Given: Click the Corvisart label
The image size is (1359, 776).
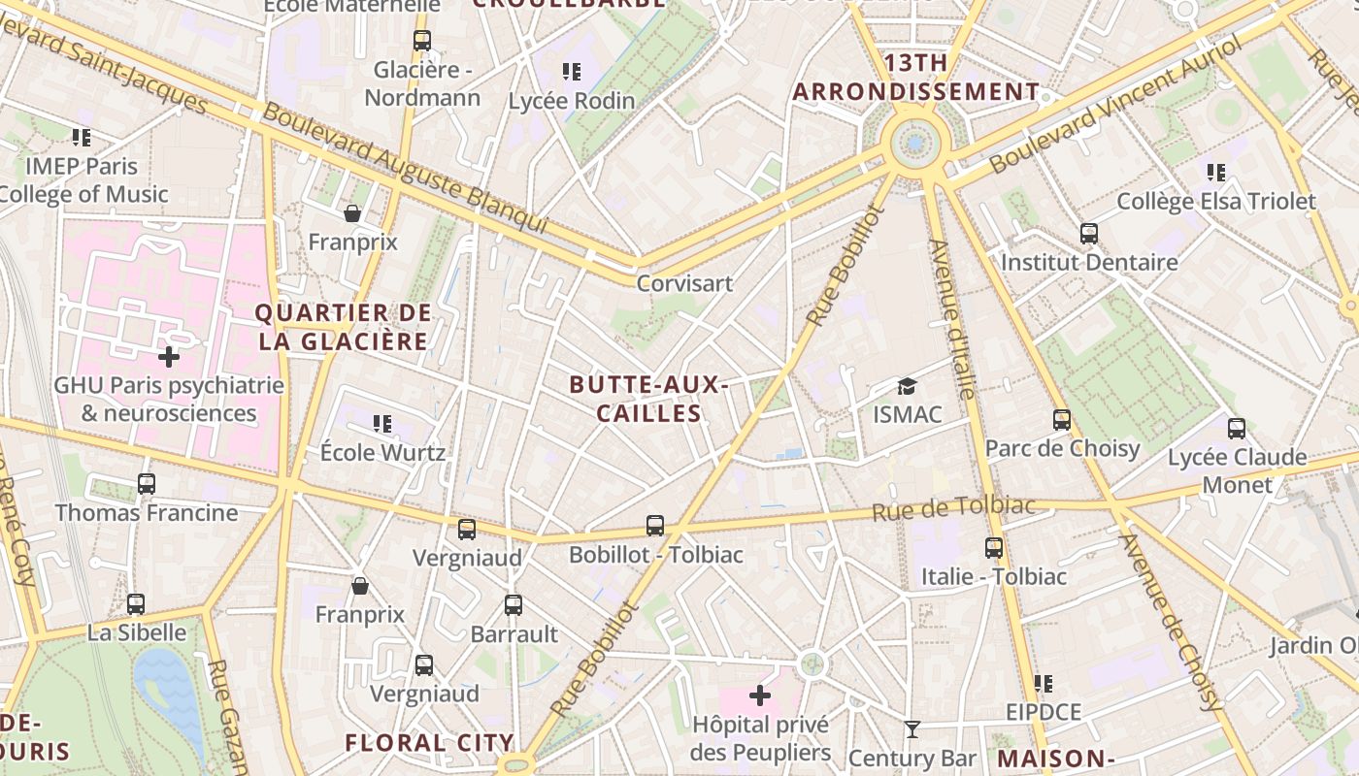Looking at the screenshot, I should click(684, 283).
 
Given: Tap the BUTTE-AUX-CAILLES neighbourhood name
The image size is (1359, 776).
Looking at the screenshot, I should click(648, 399).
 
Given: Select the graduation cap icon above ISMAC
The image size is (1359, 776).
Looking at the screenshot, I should click(907, 386).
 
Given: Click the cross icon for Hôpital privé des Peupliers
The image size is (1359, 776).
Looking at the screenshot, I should click(760, 695).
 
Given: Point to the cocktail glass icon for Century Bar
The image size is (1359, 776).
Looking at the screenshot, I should click(912, 728).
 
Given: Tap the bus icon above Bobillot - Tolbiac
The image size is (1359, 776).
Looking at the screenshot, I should click(655, 526).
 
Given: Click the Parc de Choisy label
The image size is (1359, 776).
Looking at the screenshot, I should click(1062, 448).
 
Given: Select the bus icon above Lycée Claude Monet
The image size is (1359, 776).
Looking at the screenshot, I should click(1236, 428).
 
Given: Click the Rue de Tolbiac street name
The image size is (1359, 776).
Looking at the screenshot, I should click(953, 508).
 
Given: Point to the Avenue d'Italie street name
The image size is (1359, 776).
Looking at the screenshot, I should click(951, 320).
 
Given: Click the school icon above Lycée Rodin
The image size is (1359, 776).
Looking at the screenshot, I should click(572, 71).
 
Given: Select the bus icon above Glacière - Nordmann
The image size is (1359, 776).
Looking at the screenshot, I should click(421, 41).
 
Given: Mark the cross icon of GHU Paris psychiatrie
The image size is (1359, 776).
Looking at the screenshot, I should click(169, 357).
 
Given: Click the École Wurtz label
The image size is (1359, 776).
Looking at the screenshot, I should click(382, 452).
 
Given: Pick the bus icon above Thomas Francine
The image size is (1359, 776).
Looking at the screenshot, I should click(147, 483).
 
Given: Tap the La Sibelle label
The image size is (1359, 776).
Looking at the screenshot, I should click(137, 632).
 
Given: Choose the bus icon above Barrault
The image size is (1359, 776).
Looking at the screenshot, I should click(514, 605).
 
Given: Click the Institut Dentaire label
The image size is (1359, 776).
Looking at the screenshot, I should click(1089, 262).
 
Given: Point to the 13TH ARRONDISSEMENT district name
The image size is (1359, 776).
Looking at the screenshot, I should click(915, 78).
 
